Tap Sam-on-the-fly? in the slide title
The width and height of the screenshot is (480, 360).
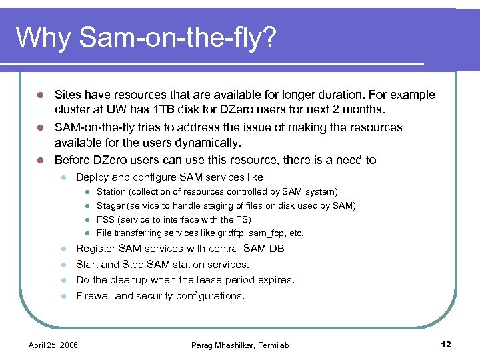tap(177, 38)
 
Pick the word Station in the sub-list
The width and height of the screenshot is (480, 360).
tap(111, 192)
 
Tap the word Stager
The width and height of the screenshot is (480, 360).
tap(110, 206)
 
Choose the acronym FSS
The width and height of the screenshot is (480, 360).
tap(106, 219)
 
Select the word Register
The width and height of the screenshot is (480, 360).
tap(95, 249)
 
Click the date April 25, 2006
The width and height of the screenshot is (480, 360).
tap(53, 345)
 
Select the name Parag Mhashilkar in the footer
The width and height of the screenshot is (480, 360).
tap(223, 345)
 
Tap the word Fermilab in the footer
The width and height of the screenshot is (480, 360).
tap(273, 345)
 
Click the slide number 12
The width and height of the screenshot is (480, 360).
tap(446, 344)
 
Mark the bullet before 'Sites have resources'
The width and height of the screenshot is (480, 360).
tap(40, 95)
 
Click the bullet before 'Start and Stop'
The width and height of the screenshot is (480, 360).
tap(62, 265)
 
